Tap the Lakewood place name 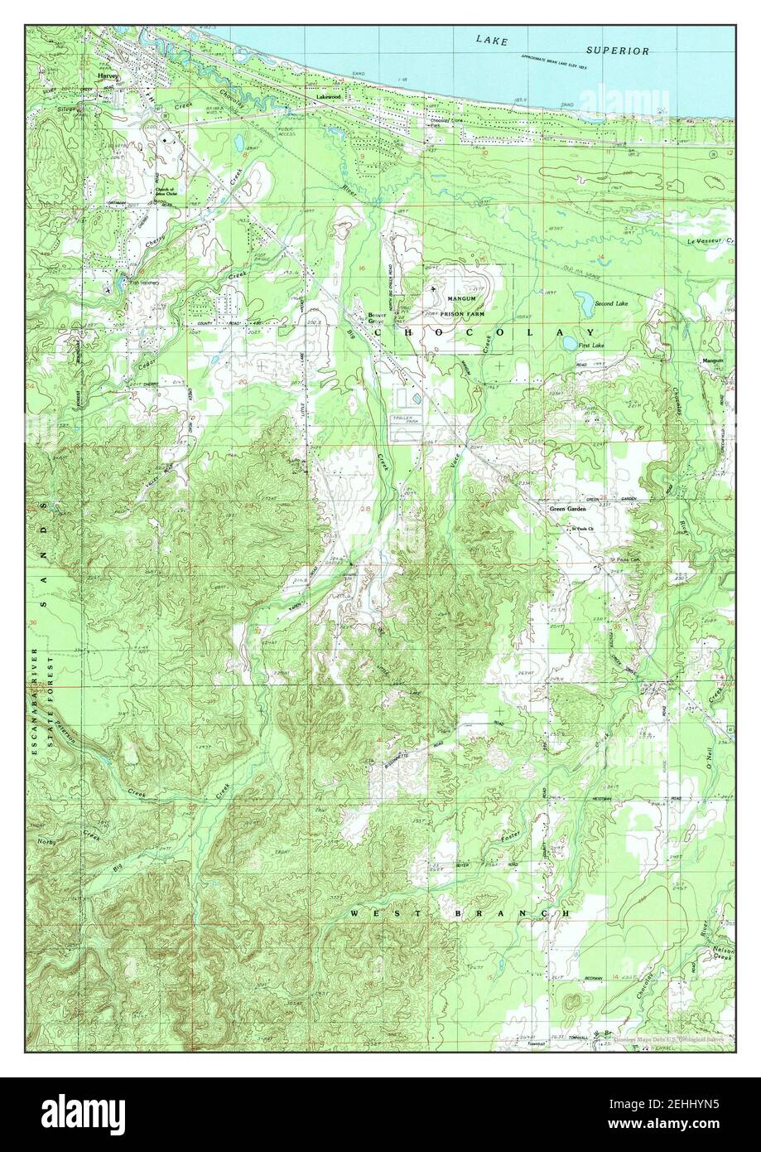pos(328,97)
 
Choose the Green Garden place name pos(568,509)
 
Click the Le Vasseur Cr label pos(710,240)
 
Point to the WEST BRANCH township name pos(460,912)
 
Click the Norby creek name pos(46,842)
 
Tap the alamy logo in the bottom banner pos(84,1112)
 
